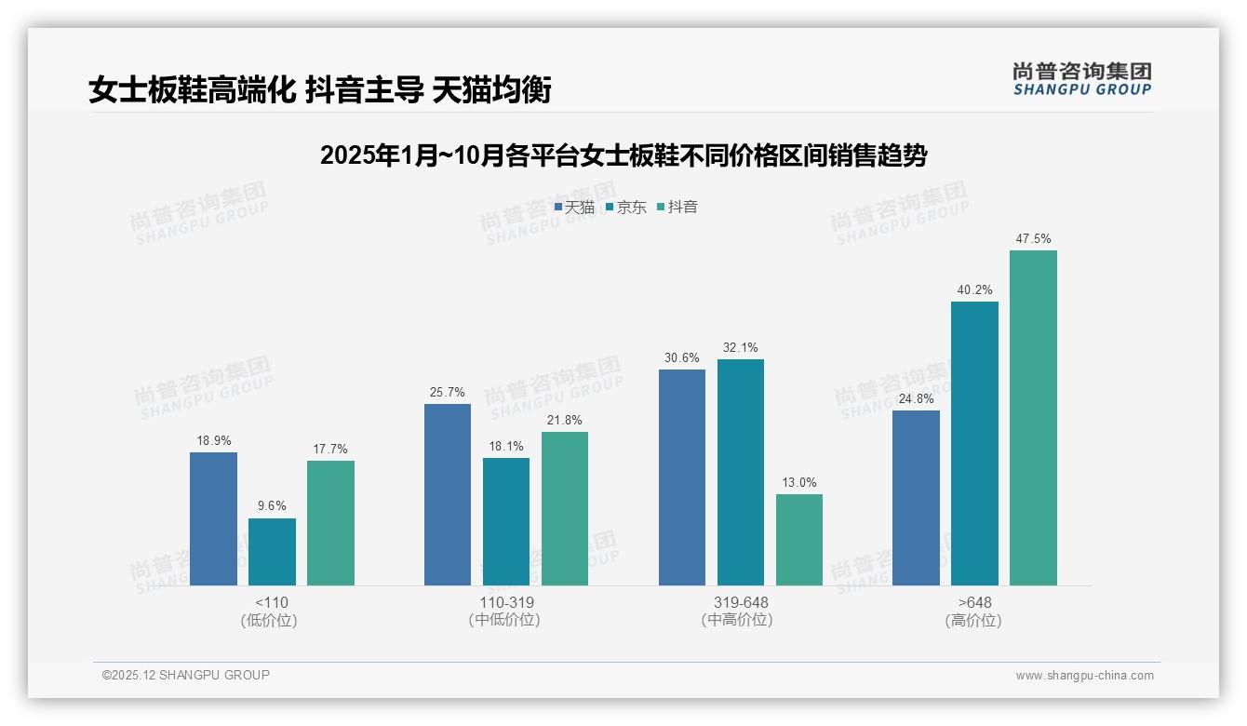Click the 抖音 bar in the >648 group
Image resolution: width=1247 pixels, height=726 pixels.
click(1033, 418)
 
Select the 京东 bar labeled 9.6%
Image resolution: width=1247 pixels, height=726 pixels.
click(272, 552)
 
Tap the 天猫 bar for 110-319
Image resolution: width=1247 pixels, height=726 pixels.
click(448, 494)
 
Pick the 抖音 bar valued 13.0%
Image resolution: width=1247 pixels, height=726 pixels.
click(799, 540)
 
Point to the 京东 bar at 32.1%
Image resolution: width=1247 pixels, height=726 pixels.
click(741, 472)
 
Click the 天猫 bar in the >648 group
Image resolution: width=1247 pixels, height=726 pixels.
click(916, 498)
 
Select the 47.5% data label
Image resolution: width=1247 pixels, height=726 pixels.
click(1033, 239)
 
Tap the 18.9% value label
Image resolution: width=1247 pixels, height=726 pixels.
click(213, 440)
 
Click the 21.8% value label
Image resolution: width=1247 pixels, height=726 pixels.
click(565, 420)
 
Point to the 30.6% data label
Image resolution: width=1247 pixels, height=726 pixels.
click(682, 357)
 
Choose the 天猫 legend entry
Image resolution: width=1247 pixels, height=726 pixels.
click(574, 207)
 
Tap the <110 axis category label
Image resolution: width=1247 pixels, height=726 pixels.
click(271, 602)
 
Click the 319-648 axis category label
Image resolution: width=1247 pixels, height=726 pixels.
click(741, 602)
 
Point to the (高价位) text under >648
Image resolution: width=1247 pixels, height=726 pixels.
click(973, 620)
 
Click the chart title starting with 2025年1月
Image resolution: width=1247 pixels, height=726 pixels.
click(623, 155)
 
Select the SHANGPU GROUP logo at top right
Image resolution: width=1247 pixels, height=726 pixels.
click(1082, 80)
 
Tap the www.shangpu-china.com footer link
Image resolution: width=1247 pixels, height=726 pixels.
click(1084, 676)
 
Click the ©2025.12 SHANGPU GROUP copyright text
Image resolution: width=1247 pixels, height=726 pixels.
click(186, 675)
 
